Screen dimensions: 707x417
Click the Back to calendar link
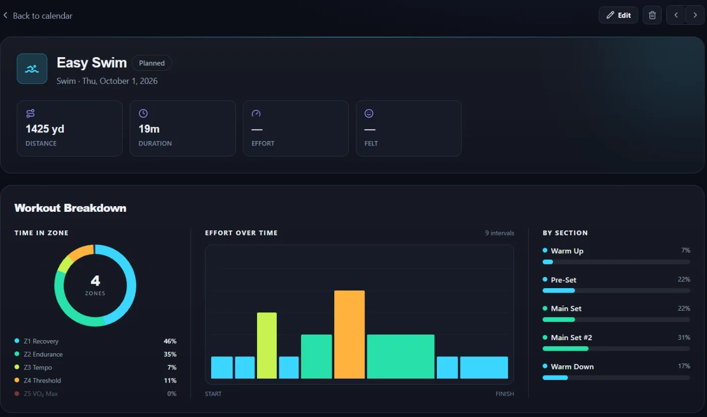[x=38, y=16]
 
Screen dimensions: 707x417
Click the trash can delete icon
[x=652, y=15]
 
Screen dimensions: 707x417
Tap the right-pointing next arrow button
[x=695, y=15]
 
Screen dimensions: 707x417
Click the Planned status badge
[x=152, y=63]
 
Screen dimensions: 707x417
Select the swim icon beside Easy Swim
[x=32, y=69]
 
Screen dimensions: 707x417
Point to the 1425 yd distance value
[x=45, y=129]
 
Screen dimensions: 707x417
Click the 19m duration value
[x=149, y=129]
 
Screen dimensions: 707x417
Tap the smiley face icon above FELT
[x=369, y=113]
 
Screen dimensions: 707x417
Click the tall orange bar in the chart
[x=349, y=334]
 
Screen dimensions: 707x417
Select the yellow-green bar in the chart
[x=267, y=345]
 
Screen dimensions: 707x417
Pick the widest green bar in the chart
[x=400, y=356]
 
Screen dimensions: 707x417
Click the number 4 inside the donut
[x=95, y=281]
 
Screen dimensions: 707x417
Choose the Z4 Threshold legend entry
[x=42, y=380]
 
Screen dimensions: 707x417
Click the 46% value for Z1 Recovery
[x=170, y=341]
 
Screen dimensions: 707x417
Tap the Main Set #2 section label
[x=571, y=338]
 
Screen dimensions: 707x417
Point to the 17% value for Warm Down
[x=684, y=366]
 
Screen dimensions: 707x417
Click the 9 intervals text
[x=499, y=233]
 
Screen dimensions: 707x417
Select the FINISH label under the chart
[x=504, y=394]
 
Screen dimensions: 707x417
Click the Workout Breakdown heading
[x=70, y=208]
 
